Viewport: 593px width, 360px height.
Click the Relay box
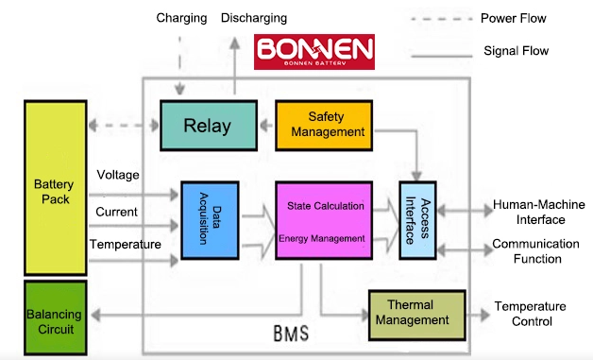point(209,126)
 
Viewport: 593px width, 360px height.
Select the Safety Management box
point(324,126)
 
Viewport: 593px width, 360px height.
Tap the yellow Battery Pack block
point(56,188)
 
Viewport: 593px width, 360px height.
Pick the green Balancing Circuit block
point(56,317)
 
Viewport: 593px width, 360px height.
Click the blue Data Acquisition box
point(210,221)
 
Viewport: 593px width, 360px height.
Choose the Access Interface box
point(418,221)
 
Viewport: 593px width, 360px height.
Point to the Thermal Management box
point(417,316)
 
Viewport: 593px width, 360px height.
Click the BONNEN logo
point(314,52)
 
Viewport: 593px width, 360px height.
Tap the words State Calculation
point(326,206)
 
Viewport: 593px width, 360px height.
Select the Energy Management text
point(322,238)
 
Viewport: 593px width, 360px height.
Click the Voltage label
point(118,175)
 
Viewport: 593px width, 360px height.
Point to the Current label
point(116,212)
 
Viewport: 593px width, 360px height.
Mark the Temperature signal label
point(126,244)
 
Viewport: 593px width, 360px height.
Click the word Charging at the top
point(181,18)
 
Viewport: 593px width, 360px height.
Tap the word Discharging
point(254,18)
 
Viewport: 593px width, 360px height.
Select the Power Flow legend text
point(513,18)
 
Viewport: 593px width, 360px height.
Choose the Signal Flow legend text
point(516,51)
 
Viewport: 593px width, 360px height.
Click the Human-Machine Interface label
point(539,212)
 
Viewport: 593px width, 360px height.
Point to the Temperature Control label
point(531,314)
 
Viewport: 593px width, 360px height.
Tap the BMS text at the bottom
point(291,334)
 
